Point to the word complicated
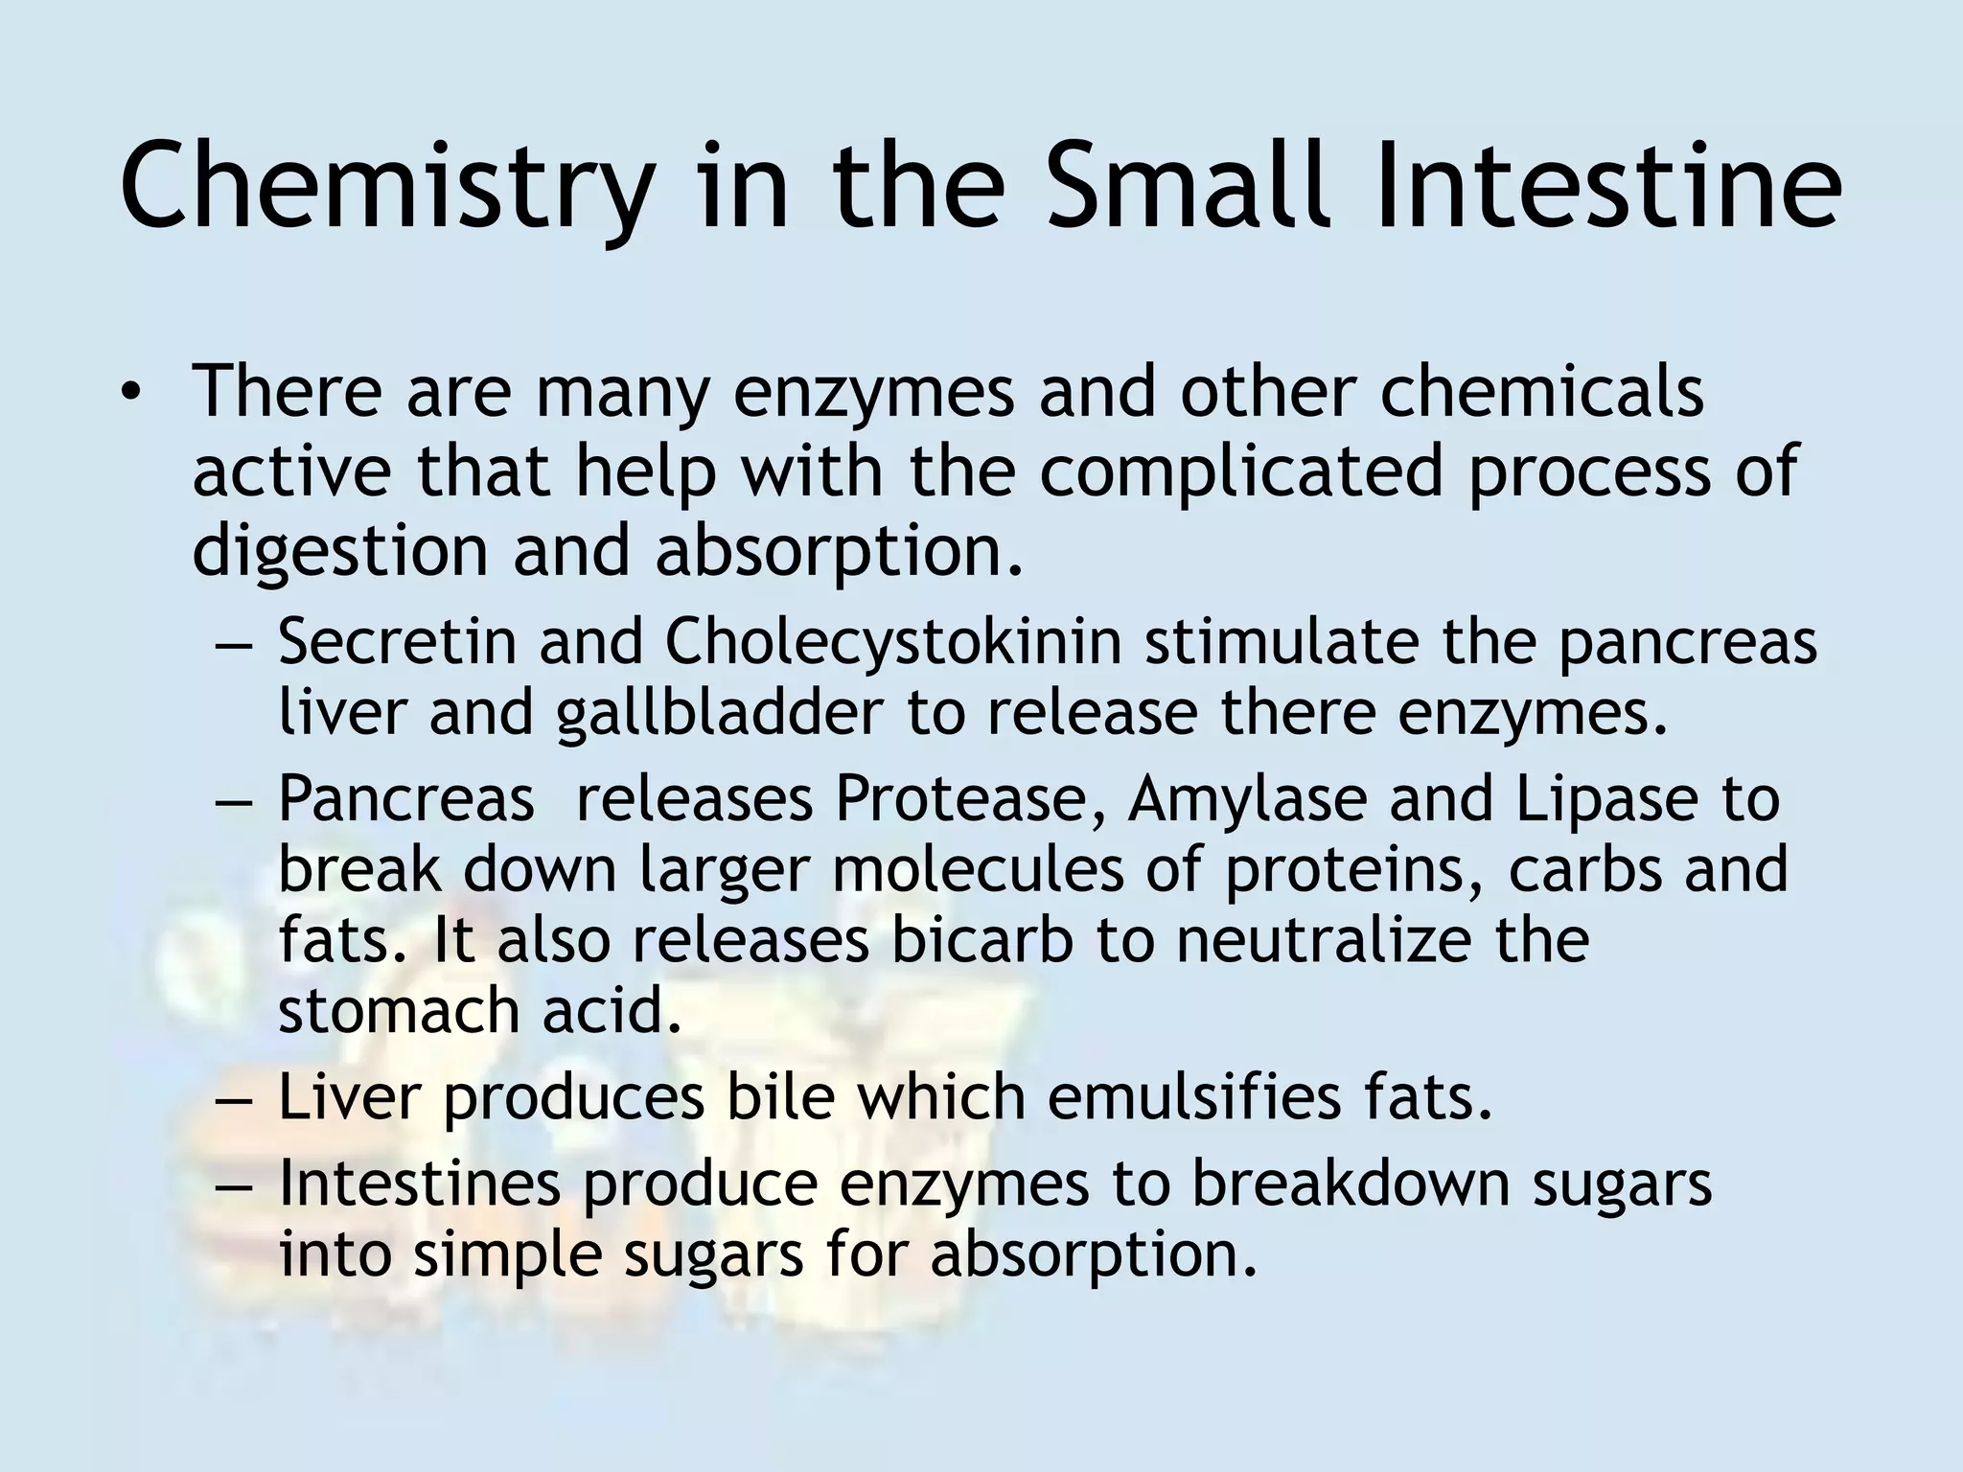1241,471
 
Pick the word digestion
340,551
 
